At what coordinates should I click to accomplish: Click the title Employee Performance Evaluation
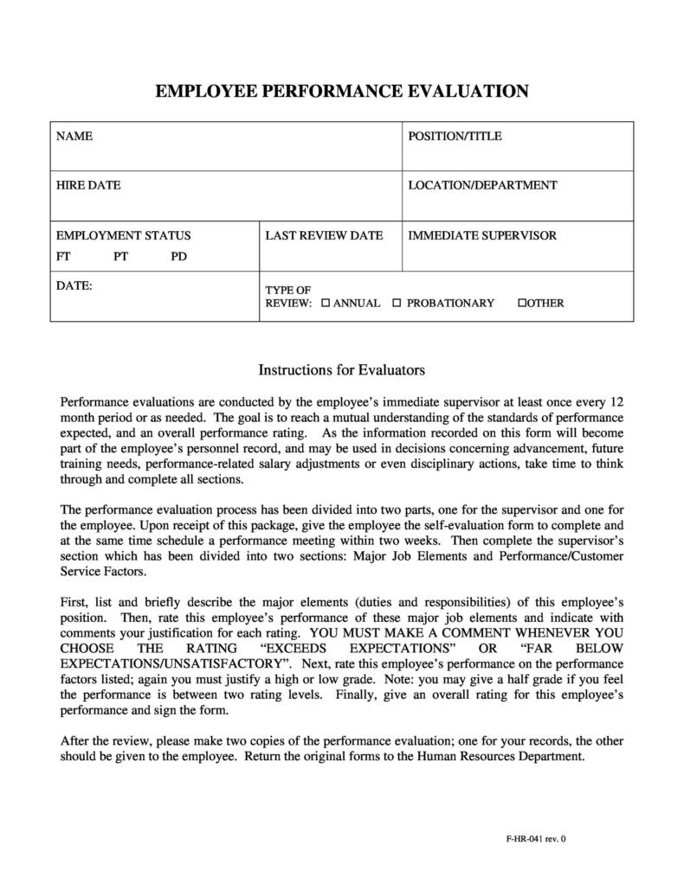[x=341, y=91]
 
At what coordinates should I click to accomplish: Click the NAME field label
[x=74, y=137]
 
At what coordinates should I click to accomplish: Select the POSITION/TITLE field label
[x=455, y=137]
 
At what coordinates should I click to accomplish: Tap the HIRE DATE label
[x=88, y=185]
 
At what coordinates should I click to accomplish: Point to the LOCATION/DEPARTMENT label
[x=482, y=185]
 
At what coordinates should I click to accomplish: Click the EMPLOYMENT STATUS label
[x=123, y=235]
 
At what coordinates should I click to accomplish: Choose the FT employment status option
[x=64, y=257]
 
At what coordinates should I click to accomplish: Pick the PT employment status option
[x=120, y=257]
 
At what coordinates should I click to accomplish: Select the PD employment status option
[x=178, y=257]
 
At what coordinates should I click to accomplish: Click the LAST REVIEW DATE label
[x=324, y=235]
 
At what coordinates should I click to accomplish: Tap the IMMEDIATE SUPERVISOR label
[x=482, y=235]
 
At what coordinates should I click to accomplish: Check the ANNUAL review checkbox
[x=326, y=304]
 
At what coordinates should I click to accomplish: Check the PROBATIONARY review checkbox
[x=397, y=304]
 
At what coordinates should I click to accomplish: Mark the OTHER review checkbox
[x=521, y=304]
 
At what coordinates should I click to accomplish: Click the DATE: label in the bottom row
[x=74, y=285]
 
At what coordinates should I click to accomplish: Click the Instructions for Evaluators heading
[x=341, y=370]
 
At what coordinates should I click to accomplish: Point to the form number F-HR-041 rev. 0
[x=535, y=838]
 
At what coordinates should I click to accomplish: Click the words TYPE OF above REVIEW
[x=287, y=290]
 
